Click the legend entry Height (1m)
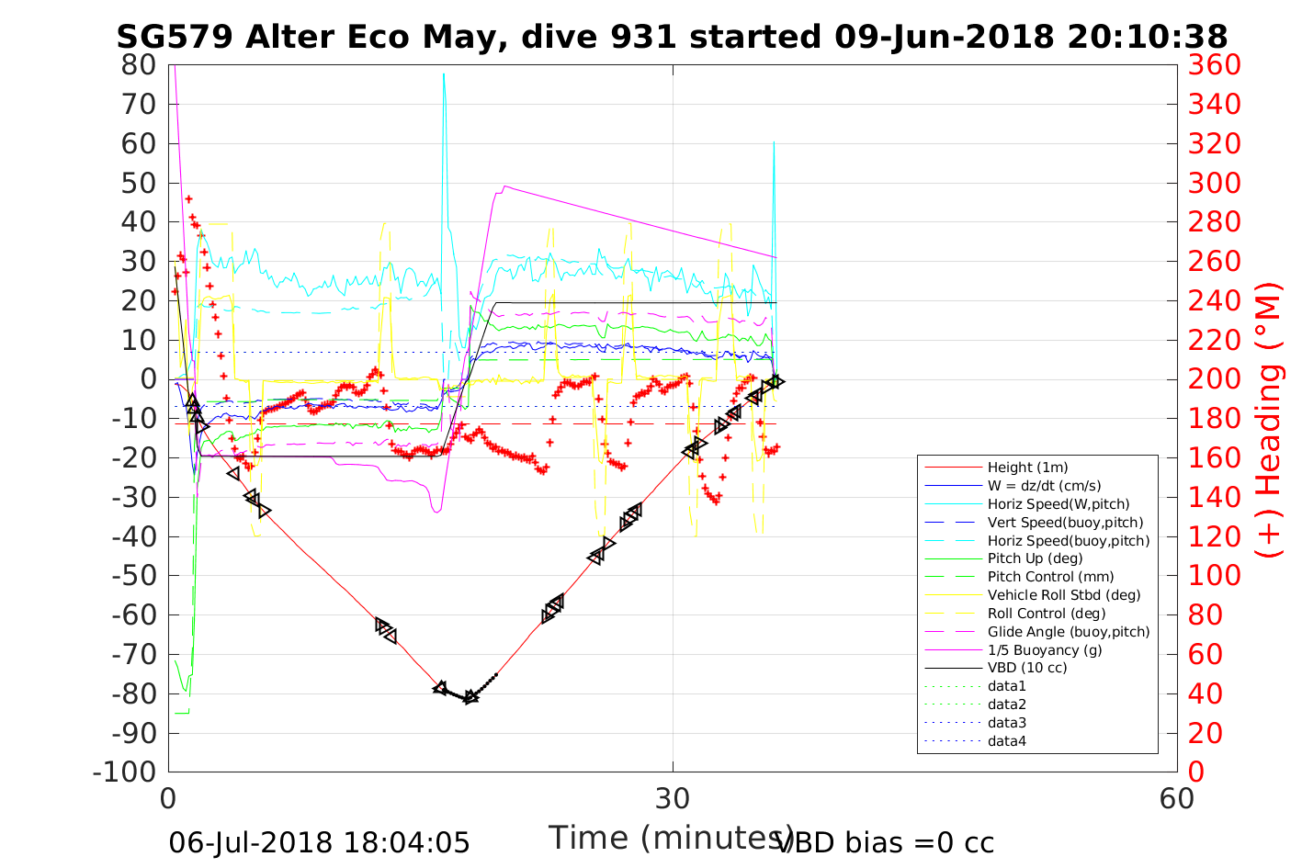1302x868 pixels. pyautogui.click(x=1027, y=468)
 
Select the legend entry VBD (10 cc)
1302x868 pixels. pyautogui.click(x=1027, y=668)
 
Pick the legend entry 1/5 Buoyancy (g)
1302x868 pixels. pyautogui.click(x=1045, y=650)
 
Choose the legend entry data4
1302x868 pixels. pyautogui.click(x=1006, y=741)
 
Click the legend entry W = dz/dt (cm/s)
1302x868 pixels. pyautogui.click(x=1044, y=486)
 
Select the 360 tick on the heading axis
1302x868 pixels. pyautogui.click(x=1214, y=65)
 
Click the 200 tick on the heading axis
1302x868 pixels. pyautogui.click(x=1214, y=379)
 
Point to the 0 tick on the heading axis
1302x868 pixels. pyautogui.click(x=1195, y=772)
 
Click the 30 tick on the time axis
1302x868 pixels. pyautogui.click(x=673, y=798)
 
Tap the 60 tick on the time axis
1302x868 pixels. pyautogui.click(x=1177, y=798)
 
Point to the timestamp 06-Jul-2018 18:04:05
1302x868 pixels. pyautogui.click(x=319, y=842)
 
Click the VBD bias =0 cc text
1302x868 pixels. pyautogui.click(x=885, y=842)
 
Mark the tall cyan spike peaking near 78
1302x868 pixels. pyautogui.click(x=443, y=75)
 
